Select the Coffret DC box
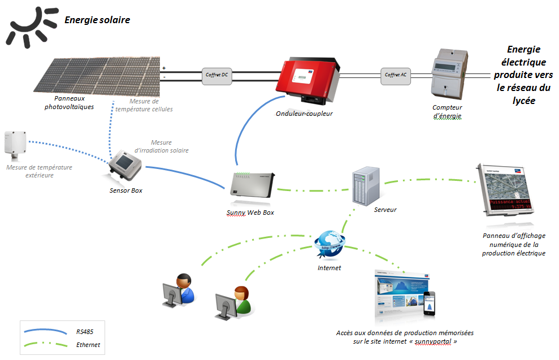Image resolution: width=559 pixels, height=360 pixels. pos(217,75)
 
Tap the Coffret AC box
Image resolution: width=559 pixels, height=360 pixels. pos(396,75)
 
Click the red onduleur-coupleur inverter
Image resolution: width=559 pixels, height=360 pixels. pos(307,79)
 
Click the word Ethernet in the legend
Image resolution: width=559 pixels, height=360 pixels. pos(88,344)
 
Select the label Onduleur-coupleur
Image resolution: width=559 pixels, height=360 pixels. pos(304,113)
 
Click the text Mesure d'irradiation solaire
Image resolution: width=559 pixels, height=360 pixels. pos(170,147)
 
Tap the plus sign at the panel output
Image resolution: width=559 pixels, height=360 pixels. pos(164,68)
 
